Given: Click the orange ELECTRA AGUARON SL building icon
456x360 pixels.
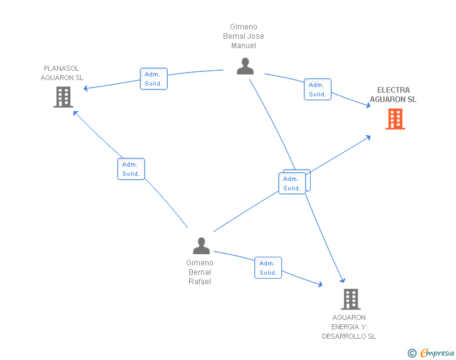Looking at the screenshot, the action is pyautogui.click(x=395, y=119).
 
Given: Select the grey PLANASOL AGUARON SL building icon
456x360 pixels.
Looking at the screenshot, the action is pyautogui.click(x=63, y=97).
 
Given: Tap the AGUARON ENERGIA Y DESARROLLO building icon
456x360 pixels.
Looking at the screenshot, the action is pyautogui.click(x=351, y=299).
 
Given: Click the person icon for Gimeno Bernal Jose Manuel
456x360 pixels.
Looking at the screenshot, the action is pyautogui.click(x=245, y=66).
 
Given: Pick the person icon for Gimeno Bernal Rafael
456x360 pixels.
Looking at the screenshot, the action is pyautogui.click(x=201, y=245).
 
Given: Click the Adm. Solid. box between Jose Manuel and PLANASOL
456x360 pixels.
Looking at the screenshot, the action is pyautogui.click(x=154, y=79).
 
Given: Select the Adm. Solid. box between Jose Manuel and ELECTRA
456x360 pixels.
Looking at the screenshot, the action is pyautogui.click(x=318, y=90).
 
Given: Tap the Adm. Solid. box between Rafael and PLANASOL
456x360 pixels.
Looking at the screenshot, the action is pyautogui.click(x=131, y=169).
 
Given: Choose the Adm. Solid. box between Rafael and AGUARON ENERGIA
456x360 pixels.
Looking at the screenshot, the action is pyautogui.click(x=268, y=268).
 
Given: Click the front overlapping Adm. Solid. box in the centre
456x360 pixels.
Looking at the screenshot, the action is pyautogui.click(x=292, y=183).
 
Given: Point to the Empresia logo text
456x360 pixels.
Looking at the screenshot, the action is pyautogui.click(x=437, y=352).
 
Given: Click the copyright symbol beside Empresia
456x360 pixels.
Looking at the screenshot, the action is pyautogui.click(x=412, y=353).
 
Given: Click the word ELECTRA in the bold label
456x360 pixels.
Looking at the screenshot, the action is pyautogui.click(x=393, y=90).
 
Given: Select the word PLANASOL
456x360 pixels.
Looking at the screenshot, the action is pyautogui.click(x=61, y=68).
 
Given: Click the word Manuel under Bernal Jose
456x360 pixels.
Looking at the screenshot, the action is pyautogui.click(x=244, y=46).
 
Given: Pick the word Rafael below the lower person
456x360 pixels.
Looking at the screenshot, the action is pyautogui.click(x=200, y=282).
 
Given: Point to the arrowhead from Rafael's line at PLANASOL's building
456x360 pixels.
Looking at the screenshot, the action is pyautogui.click(x=76, y=113).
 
